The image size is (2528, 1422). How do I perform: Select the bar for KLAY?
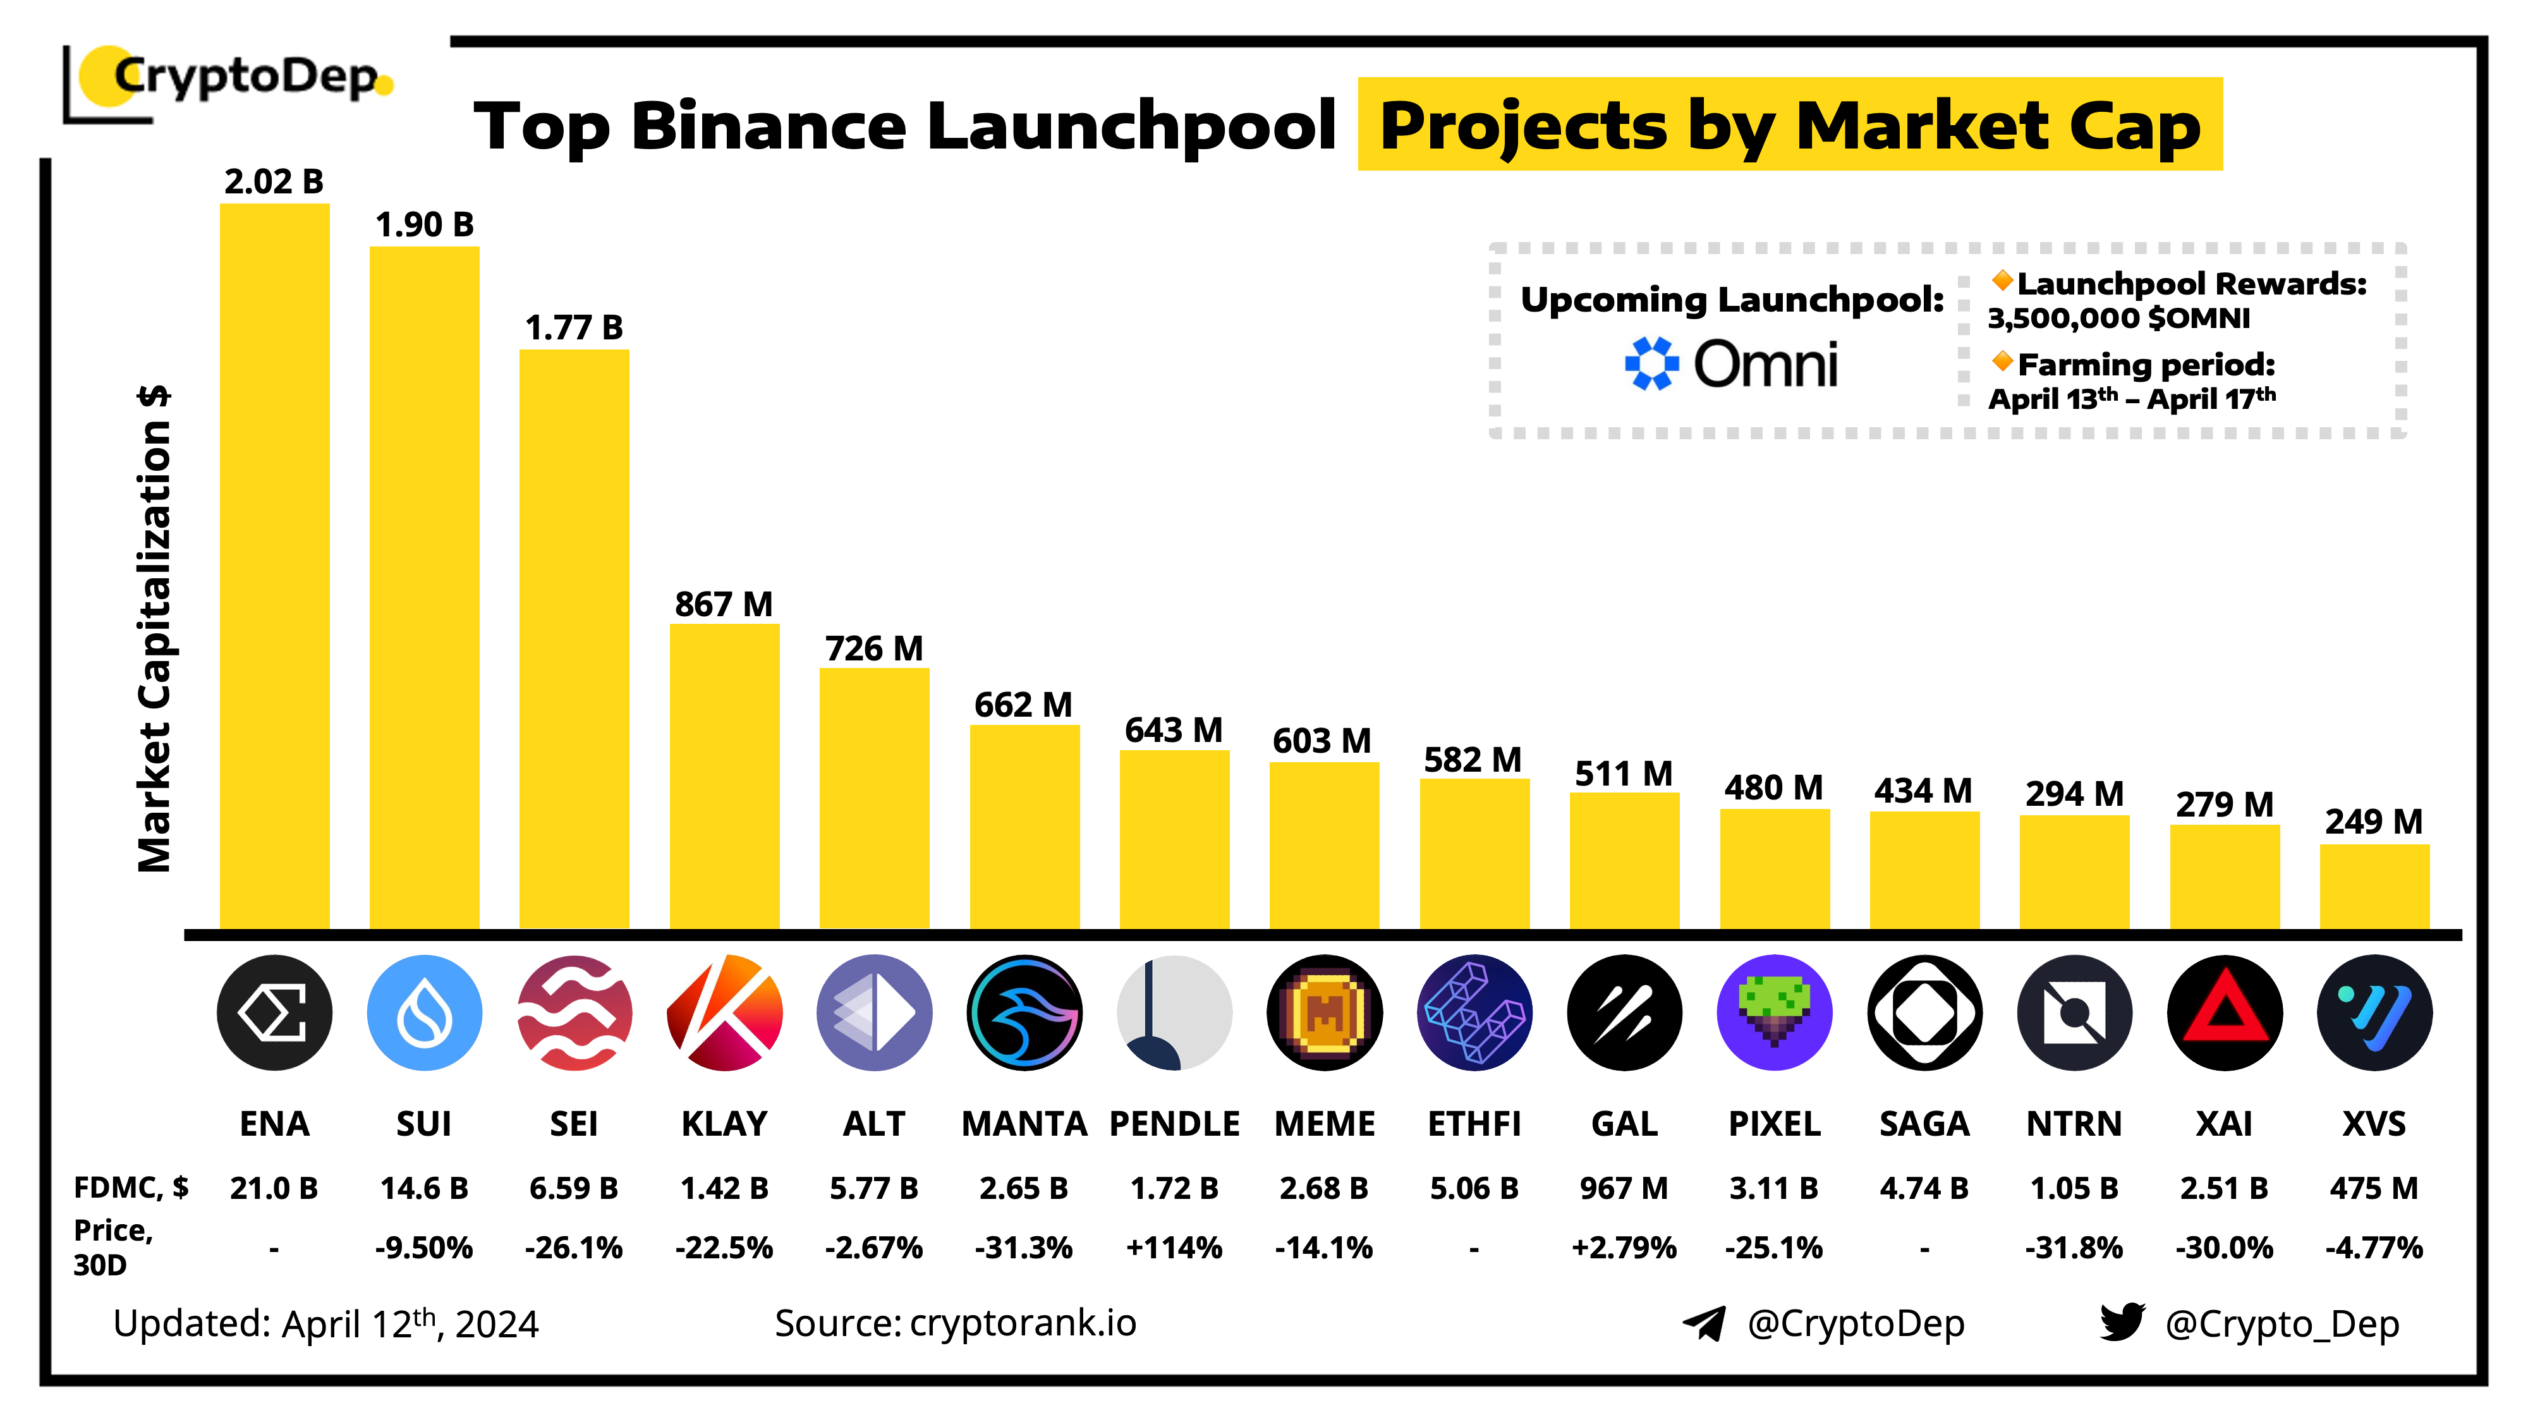point(724,775)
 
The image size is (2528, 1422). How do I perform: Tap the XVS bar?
point(2374,885)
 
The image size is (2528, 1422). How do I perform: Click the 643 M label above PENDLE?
point(1174,730)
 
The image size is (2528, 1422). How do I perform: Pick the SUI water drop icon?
point(424,1012)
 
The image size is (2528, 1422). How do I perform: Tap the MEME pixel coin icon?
point(1324,1012)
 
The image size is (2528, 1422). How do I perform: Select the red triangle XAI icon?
point(2224,1012)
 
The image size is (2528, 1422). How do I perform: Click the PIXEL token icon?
point(1773,1012)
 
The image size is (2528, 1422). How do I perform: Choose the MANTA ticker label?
point(1024,1124)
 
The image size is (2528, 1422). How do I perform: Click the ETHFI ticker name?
point(1474,1124)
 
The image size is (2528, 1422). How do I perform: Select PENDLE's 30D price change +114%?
point(1174,1248)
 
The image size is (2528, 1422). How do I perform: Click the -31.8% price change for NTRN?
point(2074,1248)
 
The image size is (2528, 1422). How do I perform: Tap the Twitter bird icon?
point(2122,1322)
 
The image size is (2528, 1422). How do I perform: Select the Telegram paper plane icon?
point(1704,1323)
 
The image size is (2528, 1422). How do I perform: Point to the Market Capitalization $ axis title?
point(155,628)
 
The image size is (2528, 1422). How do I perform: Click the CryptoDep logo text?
point(245,76)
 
